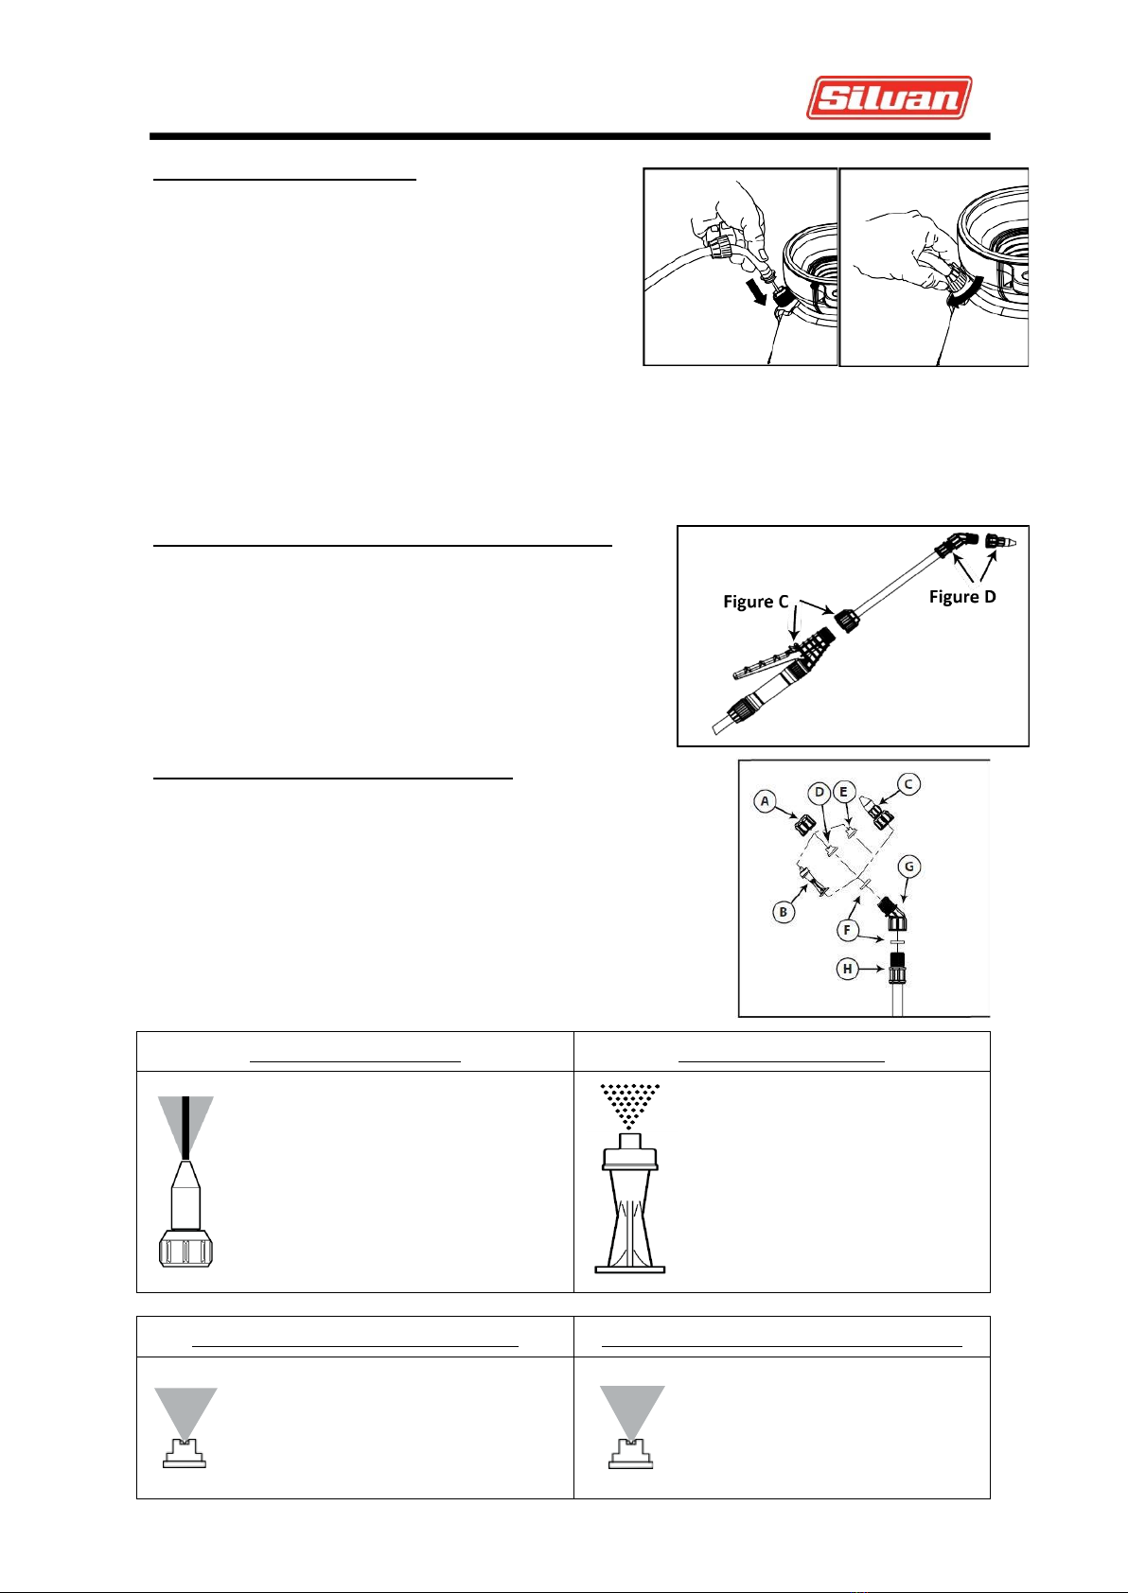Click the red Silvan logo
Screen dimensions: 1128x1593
889,97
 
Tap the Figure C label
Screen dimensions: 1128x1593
755,602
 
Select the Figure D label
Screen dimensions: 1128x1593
962,597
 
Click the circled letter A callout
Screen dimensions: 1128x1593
765,801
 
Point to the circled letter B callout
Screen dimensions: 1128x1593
783,912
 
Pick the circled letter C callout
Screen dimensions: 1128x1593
908,783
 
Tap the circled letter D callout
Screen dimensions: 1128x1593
820,792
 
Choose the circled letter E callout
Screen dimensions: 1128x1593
843,792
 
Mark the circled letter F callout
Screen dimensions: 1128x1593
847,930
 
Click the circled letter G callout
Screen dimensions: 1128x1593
909,867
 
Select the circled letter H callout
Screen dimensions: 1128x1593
847,969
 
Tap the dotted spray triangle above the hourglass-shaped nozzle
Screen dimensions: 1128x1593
629,1106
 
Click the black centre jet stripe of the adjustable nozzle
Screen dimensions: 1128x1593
185,1128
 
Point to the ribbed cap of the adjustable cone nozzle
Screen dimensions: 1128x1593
185,1249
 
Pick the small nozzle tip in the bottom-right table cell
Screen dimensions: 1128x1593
631,1453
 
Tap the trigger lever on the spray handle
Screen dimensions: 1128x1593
766,663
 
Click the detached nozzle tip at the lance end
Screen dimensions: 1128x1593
1000,542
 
